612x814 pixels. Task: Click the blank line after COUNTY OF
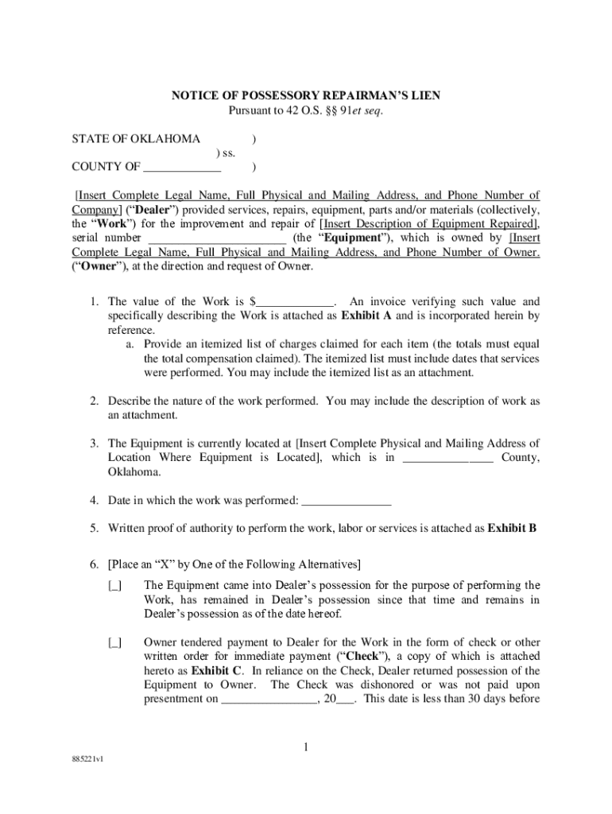pyautogui.click(x=182, y=167)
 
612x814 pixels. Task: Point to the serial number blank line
pyautogui.click(x=217, y=238)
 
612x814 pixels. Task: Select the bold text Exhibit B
pyautogui.click(x=512, y=526)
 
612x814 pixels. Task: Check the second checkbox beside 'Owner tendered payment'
pyautogui.click(x=115, y=643)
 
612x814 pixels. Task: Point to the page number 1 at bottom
pyautogui.click(x=306, y=747)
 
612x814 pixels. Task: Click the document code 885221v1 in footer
pyautogui.click(x=88, y=758)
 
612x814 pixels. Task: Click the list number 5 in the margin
pyautogui.click(x=94, y=526)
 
